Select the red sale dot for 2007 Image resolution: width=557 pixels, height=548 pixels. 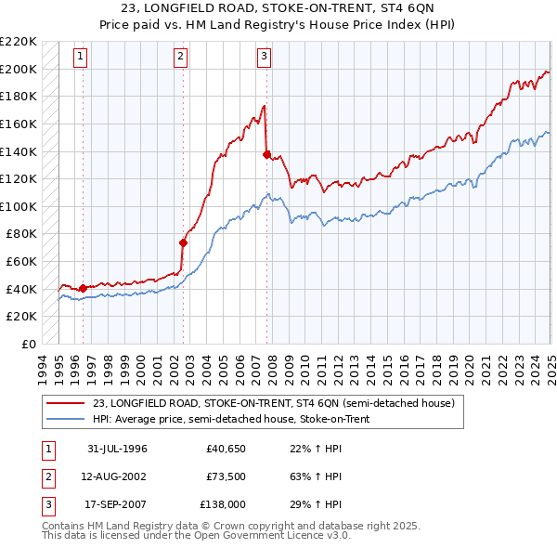point(267,155)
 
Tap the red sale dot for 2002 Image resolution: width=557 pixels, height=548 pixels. point(184,243)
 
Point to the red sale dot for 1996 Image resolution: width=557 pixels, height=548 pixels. point(84,288)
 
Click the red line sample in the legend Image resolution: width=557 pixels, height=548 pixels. point(65,404)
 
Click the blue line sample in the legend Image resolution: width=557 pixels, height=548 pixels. point(65,419)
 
